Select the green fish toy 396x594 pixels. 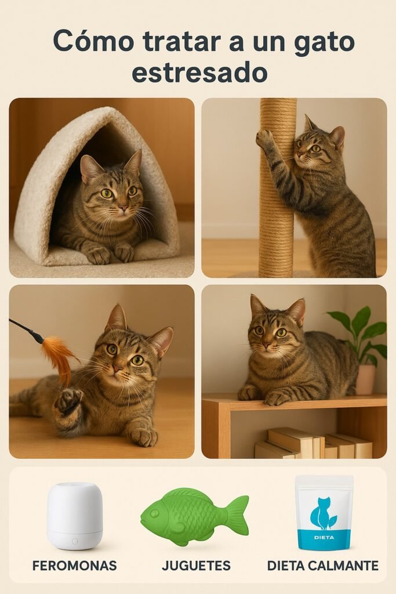[194, 516]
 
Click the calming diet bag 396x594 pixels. [324, 513]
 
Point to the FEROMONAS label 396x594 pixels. [75, 566]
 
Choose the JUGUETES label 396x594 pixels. [196, 566]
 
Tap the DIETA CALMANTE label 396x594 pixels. [323, 566]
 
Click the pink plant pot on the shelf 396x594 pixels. [365, 379]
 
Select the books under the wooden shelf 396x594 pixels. [313, 444]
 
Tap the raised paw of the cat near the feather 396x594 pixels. [68, 401]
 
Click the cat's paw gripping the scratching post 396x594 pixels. [266, 139]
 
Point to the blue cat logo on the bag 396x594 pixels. [322, 514]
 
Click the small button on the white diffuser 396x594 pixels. [75, 541]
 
